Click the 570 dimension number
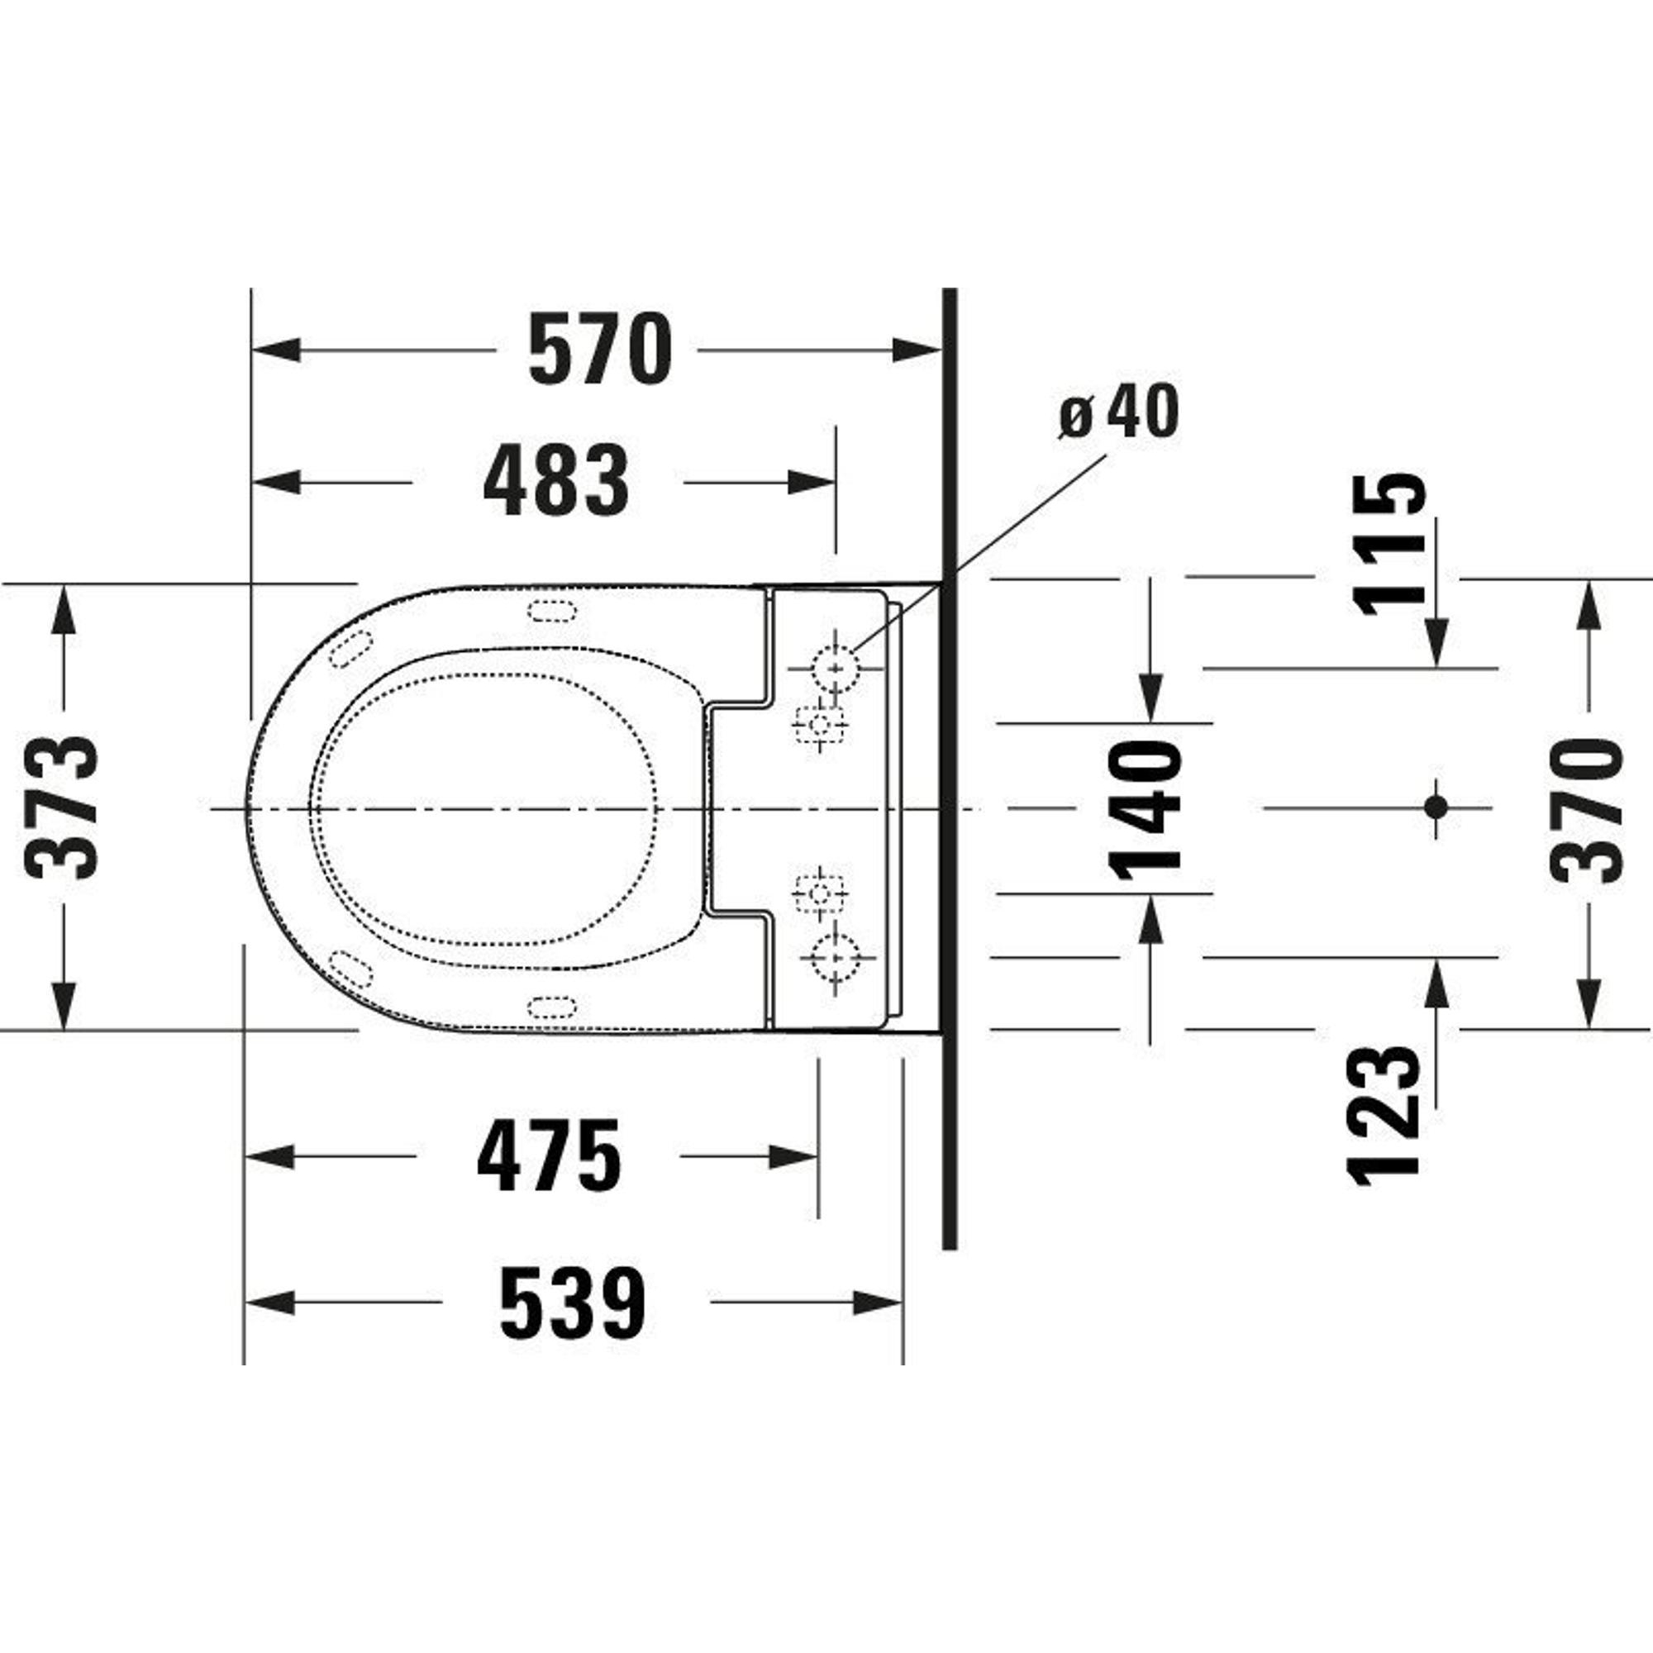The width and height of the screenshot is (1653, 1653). pyautogui.click(x=600, y=349)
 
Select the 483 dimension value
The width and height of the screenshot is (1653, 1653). pyautogui.click(x=555, y=481)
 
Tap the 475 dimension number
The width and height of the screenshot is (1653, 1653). pyautogui.click(x=549, y=1156)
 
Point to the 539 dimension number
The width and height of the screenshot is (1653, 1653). pyautogui.click(x=573, y=1303)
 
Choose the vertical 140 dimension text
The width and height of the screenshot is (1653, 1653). pyautogui.click(x=1145, y=807)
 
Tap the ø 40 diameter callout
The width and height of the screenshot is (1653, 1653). pyautogui.click(x=1118, y=412)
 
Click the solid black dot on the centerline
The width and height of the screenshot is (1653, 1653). pyautogui.click(x=1436, y=807)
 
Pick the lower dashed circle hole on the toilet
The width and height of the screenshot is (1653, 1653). pyautogui.click(x=835, y=957)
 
